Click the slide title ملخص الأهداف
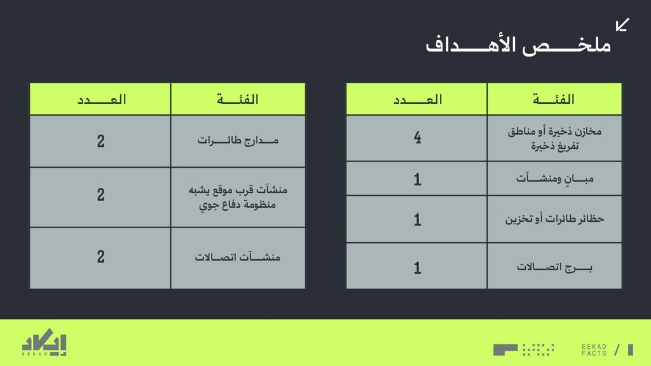(518, 45)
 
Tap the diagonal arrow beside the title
(622, 25)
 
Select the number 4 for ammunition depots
(417, 137)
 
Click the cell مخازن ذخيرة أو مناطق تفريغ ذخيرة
(554, 139)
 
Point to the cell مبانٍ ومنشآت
(554, 179)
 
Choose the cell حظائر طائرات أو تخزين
(554, 219)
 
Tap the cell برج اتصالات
(554, 266)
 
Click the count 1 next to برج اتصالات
(417, 268)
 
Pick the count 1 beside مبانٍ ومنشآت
(417, 179)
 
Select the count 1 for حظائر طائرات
(417, 219)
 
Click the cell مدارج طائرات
(238, 140)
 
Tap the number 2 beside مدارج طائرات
(100, 141)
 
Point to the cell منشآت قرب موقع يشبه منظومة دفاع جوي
(238, 197)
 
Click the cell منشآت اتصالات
(238, 257)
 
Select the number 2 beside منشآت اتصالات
(100, 257)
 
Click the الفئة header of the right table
(554, 99)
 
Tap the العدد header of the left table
(102, 99)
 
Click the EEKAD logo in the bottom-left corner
(44, 342)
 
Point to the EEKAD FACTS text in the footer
(594, 350)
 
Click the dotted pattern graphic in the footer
(538, 349)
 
